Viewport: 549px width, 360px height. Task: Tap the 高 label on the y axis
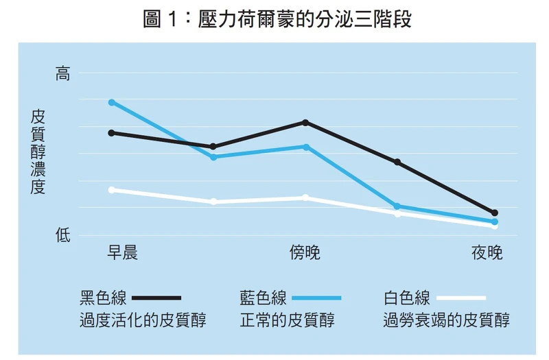pos(63,74)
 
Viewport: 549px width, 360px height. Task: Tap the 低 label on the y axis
pos(63,236)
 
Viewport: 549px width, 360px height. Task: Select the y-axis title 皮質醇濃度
pos(38,152)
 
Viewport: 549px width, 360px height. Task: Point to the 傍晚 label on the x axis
pos(305,252)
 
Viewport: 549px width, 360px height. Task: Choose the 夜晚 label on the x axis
pos(487,252)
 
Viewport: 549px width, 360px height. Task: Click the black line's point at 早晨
pos(111,132)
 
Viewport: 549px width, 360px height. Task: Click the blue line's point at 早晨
pos(111,102)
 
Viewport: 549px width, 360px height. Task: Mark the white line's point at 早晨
pos(111,189)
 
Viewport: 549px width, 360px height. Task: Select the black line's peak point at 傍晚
pos(305,122)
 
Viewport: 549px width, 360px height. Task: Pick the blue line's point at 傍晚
pos(305,147)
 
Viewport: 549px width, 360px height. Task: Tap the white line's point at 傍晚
pos(305,197)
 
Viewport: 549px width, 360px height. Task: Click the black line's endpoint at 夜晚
pos(495,213)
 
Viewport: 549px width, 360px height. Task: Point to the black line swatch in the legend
pos(156,298)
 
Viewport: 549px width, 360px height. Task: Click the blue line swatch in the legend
pos(316,298)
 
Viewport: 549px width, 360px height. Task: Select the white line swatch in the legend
pos(460,298)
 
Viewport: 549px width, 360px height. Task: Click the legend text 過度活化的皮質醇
pos(143,320)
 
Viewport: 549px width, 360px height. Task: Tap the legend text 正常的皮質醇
pos(287,320)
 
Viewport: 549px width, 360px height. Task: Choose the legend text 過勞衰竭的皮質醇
pos(447,320)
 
